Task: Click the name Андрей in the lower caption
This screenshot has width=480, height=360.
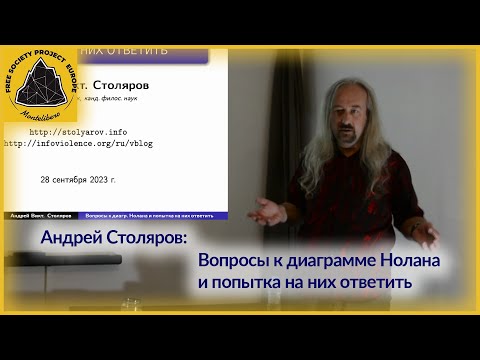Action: (76, 241)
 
